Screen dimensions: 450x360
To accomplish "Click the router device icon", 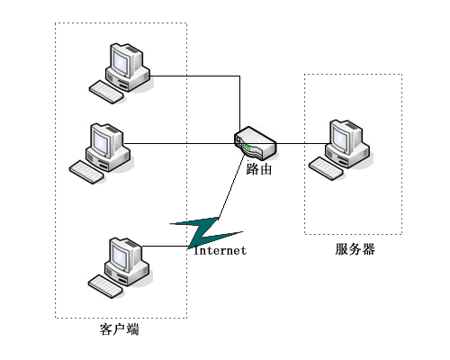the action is tap(256, 143).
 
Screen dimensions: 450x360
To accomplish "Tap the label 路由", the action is tap(259, 168).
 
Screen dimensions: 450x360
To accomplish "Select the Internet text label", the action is tap(220, 250).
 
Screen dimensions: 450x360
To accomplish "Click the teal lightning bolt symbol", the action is tap(206, 232).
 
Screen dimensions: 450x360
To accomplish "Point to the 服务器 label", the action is tap(355, 249).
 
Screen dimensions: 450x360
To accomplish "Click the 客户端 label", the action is tap(120, 329).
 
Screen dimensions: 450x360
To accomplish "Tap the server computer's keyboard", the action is tap(326, 168).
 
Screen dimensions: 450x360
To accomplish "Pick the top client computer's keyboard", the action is tap(106, 92).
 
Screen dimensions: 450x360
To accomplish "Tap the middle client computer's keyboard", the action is tap(86, 172).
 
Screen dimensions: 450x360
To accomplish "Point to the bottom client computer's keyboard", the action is tap(105, 287).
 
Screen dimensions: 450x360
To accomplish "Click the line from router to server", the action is tap(301, 143).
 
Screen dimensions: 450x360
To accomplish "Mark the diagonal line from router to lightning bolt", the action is tap(232, 187).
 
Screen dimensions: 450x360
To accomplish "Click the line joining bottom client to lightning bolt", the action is tap(166, 247).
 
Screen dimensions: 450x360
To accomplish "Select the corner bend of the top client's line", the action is tap(239, 76).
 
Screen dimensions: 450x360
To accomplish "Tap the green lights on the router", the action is tap(247, 147).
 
